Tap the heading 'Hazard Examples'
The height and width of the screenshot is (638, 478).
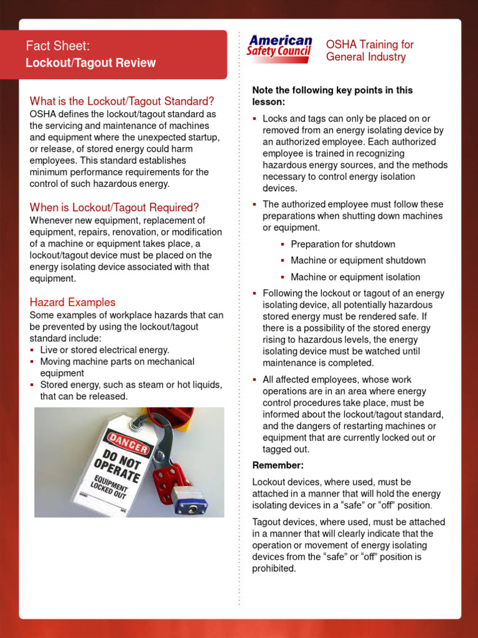pos(72,302)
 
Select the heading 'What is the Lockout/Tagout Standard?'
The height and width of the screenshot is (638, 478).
pos(122,101)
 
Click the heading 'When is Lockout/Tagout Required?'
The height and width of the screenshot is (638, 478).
pos(115,207)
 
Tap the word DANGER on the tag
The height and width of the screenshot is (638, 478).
pos(129,440)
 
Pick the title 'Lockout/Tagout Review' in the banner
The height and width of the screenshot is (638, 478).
pos(91,63)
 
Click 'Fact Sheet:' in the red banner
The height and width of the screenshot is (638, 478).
pos(58,46)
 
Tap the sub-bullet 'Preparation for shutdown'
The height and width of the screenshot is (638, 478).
pos(343,244)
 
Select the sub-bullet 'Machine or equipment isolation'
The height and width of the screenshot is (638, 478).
pos(355,277)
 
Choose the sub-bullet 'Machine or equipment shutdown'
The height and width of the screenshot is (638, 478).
pos(358,260)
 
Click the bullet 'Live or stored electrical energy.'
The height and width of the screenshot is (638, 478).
pos(105,350)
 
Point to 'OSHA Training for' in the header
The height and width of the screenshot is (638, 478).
pos(370,45)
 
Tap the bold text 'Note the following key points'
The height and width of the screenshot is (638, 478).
pos(332,90)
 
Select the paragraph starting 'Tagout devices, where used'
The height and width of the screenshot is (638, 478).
pos(349,545)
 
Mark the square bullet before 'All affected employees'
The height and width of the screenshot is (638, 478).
pos(255,379)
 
